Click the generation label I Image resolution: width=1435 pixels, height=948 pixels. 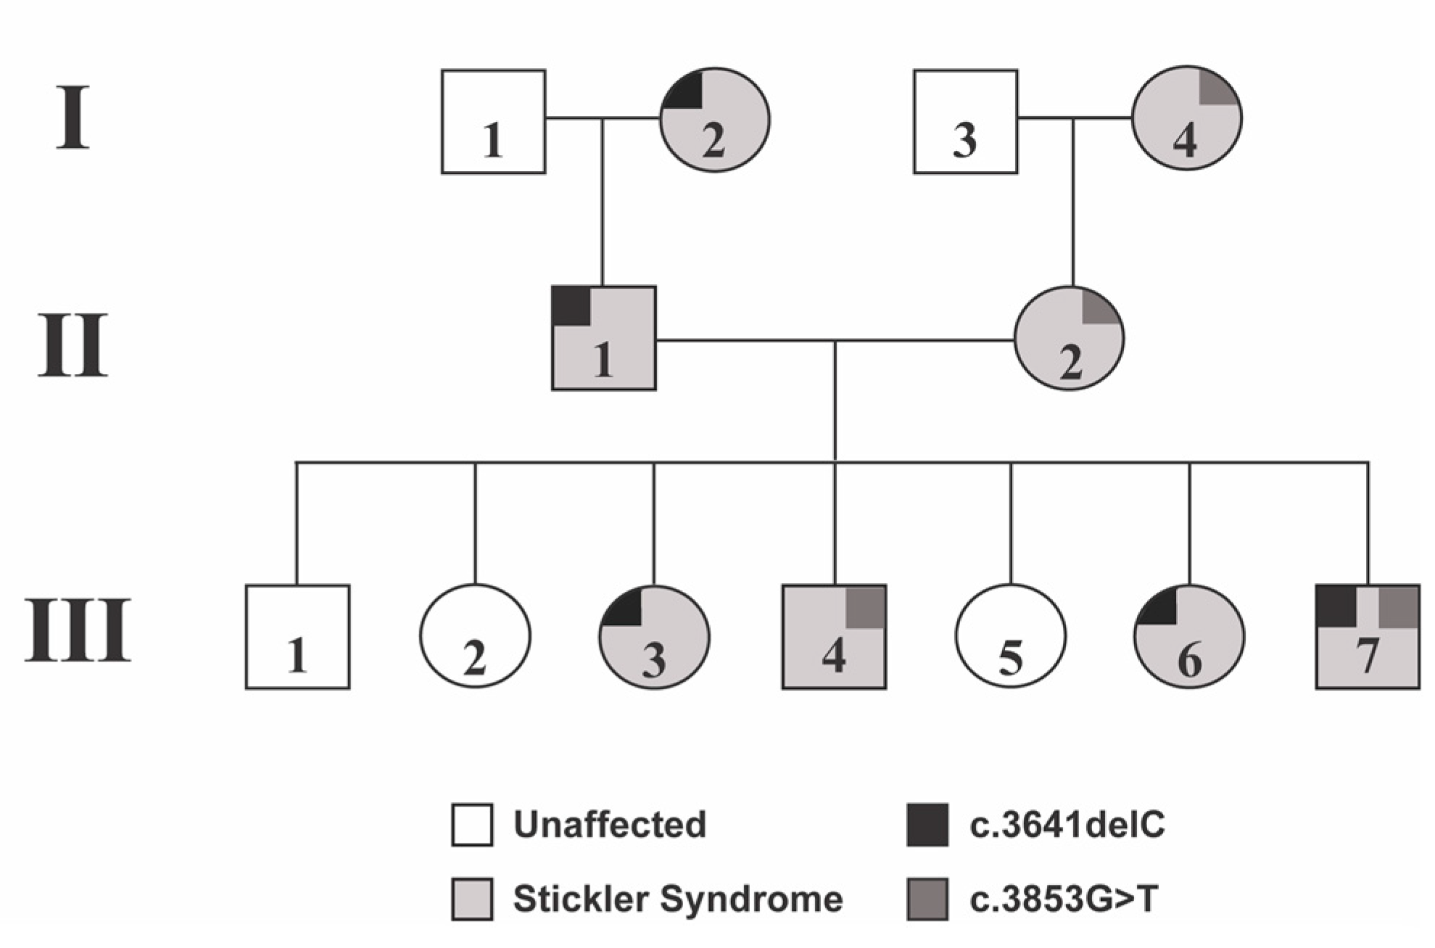[x=73, y=118]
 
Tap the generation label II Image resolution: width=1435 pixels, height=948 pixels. [x=73, y=346]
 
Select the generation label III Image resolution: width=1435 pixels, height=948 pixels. [x=78, y=630]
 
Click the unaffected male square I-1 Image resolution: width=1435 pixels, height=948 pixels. [x=493, y=121]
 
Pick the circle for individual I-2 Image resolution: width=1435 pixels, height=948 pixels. [x=715, y=120]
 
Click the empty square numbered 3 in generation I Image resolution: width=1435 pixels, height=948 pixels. [x=965, y=121]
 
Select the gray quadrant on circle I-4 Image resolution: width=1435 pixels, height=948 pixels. [x=1217, y=87]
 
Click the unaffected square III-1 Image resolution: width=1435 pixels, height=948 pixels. [x=297, y=636]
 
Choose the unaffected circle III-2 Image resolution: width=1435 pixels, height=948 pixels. [x=475, y=636]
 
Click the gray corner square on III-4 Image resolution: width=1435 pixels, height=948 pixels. [x=865, y=607]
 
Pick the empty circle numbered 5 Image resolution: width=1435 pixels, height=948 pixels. [x=1010, y=636]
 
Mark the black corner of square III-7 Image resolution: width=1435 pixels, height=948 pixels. [x=1336, y=606]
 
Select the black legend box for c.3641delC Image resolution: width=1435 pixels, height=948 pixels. [x=927, y=825]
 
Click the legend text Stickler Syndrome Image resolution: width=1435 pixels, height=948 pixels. [x=677, y=899]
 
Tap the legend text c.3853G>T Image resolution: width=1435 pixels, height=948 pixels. [x=1063, y=899]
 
